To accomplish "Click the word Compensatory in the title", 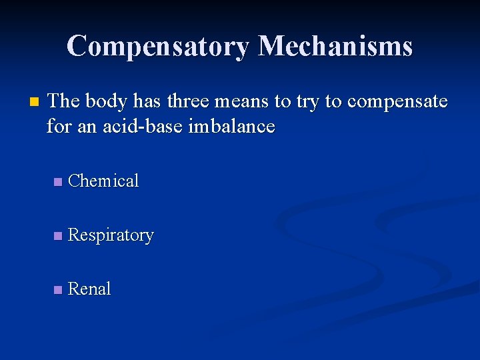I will pos(159,46).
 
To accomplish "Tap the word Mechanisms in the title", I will pos(335,46).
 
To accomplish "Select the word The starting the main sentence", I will pos(64,101).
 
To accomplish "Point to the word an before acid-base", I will pos(88,126).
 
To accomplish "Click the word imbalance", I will pos(229,126).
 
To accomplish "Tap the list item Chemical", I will pos(103,181).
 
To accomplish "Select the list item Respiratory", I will pos(111,235).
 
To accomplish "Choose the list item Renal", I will pos(89,289).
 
